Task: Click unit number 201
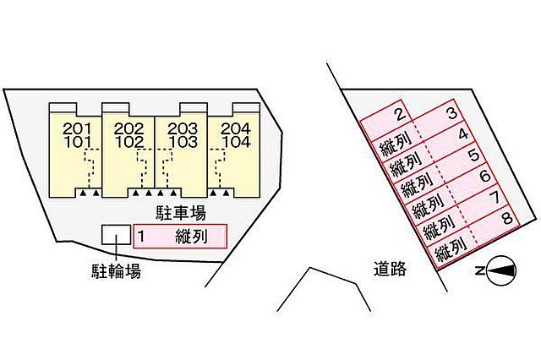point(78,129)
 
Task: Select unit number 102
point(129,142)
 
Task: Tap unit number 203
point(183,129)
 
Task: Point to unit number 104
point(236,142)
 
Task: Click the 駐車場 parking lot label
point(181,212)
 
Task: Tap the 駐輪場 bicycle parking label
point(116,271)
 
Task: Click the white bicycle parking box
point(117,235)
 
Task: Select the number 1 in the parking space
point(141,237)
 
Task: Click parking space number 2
point(400,114)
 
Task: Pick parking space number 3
point(451,113)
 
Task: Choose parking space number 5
point(474,155)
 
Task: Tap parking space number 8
point(507,218)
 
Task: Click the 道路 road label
point(390,269)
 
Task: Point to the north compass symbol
point(502,270)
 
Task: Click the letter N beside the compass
point(479,271)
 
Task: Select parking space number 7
point(496,198)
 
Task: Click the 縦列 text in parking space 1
point(192,237)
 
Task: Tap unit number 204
point(236,129)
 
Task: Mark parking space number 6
point(485,176)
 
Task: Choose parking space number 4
point(463,134)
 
